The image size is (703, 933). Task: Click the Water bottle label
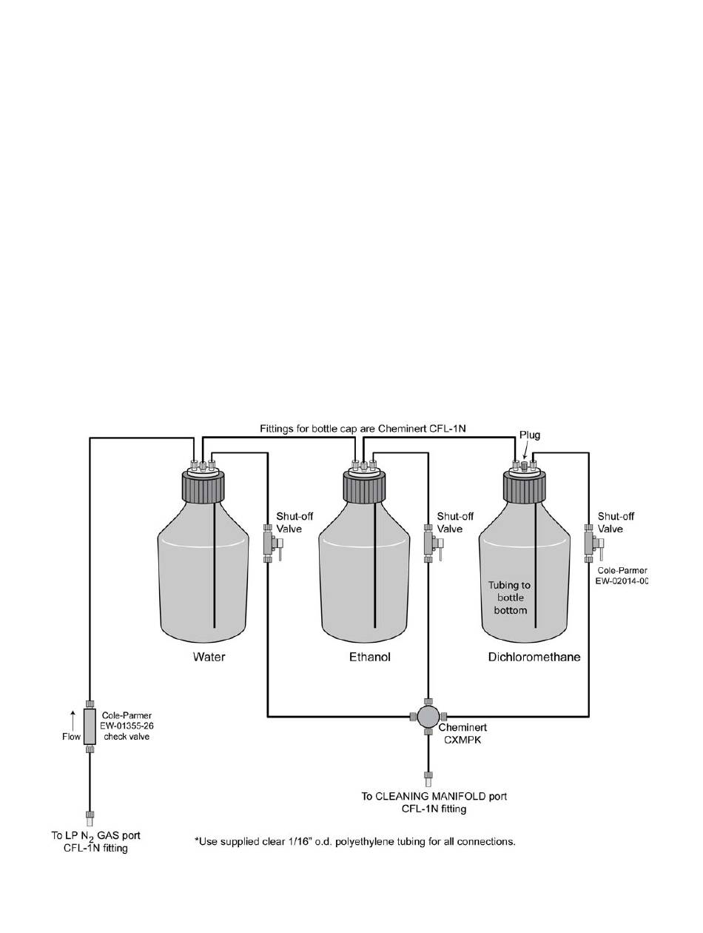pos(209,657)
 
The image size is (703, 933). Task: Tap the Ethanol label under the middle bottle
pos(369,657)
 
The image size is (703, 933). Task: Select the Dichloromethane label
pos(534,657)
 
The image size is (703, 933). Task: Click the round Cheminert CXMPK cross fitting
pos(428,716)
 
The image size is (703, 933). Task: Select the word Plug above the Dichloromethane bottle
pos(530,435)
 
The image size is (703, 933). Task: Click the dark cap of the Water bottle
pos(203,487)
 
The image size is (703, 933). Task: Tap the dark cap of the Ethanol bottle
pos(363,487)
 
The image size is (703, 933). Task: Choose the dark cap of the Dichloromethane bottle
pos(524,487)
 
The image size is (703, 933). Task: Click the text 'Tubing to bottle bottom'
pos(510,598)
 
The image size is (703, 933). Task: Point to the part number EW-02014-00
pos(621,581)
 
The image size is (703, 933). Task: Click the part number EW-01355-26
pos(127,726)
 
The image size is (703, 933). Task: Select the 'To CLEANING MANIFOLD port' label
pos(434,796)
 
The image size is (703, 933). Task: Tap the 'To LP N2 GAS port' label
pos(95,836)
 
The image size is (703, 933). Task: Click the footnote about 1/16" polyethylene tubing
pos(354,841)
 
